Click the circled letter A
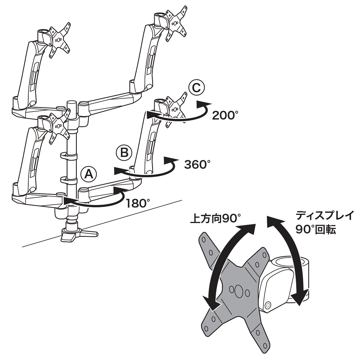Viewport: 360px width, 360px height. (89, 174)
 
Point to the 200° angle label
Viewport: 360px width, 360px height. (225, 115)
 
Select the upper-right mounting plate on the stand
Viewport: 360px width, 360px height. (176, 24)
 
